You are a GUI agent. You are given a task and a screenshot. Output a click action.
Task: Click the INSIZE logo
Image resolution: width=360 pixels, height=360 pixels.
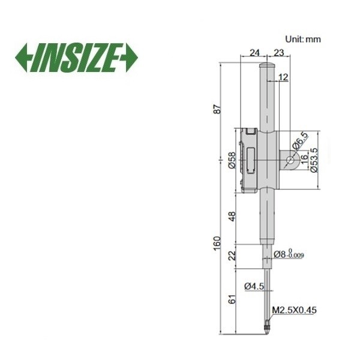76,58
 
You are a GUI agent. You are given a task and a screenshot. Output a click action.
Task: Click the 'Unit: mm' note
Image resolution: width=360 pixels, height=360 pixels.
303,39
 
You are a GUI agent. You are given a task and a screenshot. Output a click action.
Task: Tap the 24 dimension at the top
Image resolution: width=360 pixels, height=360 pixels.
254,53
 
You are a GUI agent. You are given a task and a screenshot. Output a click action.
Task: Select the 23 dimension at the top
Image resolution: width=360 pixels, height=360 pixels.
279,53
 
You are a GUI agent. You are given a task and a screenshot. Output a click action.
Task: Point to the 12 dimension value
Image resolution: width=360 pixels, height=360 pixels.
283,77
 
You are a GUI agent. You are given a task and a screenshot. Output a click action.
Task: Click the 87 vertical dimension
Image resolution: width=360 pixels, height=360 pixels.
218,109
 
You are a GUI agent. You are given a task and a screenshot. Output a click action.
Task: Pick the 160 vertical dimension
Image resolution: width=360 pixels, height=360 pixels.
217,244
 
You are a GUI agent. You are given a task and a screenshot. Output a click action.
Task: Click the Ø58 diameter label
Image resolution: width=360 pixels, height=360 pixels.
232,160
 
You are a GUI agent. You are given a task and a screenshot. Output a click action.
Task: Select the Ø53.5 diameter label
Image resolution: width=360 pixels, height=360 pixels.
314,160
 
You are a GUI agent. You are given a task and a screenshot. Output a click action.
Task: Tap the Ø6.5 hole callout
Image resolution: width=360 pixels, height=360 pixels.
300,140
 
